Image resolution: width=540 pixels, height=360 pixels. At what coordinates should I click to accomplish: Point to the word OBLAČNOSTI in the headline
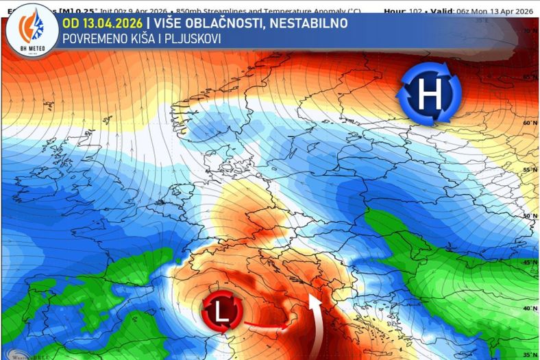point(227,23)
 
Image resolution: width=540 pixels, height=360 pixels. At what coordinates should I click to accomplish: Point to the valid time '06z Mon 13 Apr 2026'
point(494,11)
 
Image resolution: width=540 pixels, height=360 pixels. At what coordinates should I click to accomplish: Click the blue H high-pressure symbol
point(429,95)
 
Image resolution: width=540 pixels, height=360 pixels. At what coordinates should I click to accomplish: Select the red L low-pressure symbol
point(221,313)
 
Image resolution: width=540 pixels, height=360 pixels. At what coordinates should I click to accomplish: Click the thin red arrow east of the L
point(264,326)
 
